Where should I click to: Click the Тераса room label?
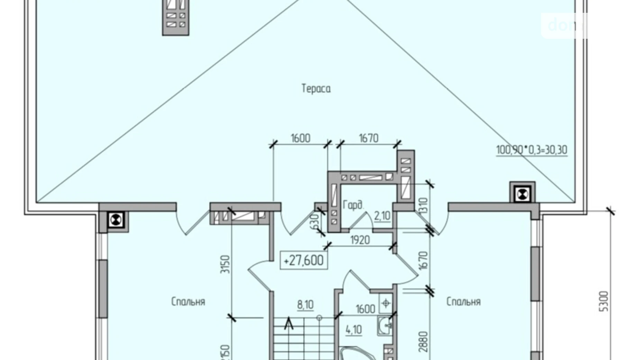tap(316, 89)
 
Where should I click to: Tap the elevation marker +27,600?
tap(303, 260)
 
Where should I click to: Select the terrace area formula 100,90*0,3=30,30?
tap(531, 150)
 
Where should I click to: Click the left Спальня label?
tap(188, 302)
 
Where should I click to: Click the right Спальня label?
tap(464, 302)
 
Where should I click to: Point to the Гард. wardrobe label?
tap(353, 205)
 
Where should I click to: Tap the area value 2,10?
tap(382, 216)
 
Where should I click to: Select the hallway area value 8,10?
tap(305, 305)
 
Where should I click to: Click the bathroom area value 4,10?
tap(354, 330)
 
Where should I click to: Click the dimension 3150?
tap(225, 264)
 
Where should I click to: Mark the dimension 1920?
tap(360, 240)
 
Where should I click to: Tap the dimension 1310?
tap(423, 206)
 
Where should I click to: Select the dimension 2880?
tap(423, 342)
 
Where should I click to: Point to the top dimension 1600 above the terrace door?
tap(300, 138)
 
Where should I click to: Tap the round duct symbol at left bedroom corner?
tap(116, 220)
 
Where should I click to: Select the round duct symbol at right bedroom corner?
tap(522, 194)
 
